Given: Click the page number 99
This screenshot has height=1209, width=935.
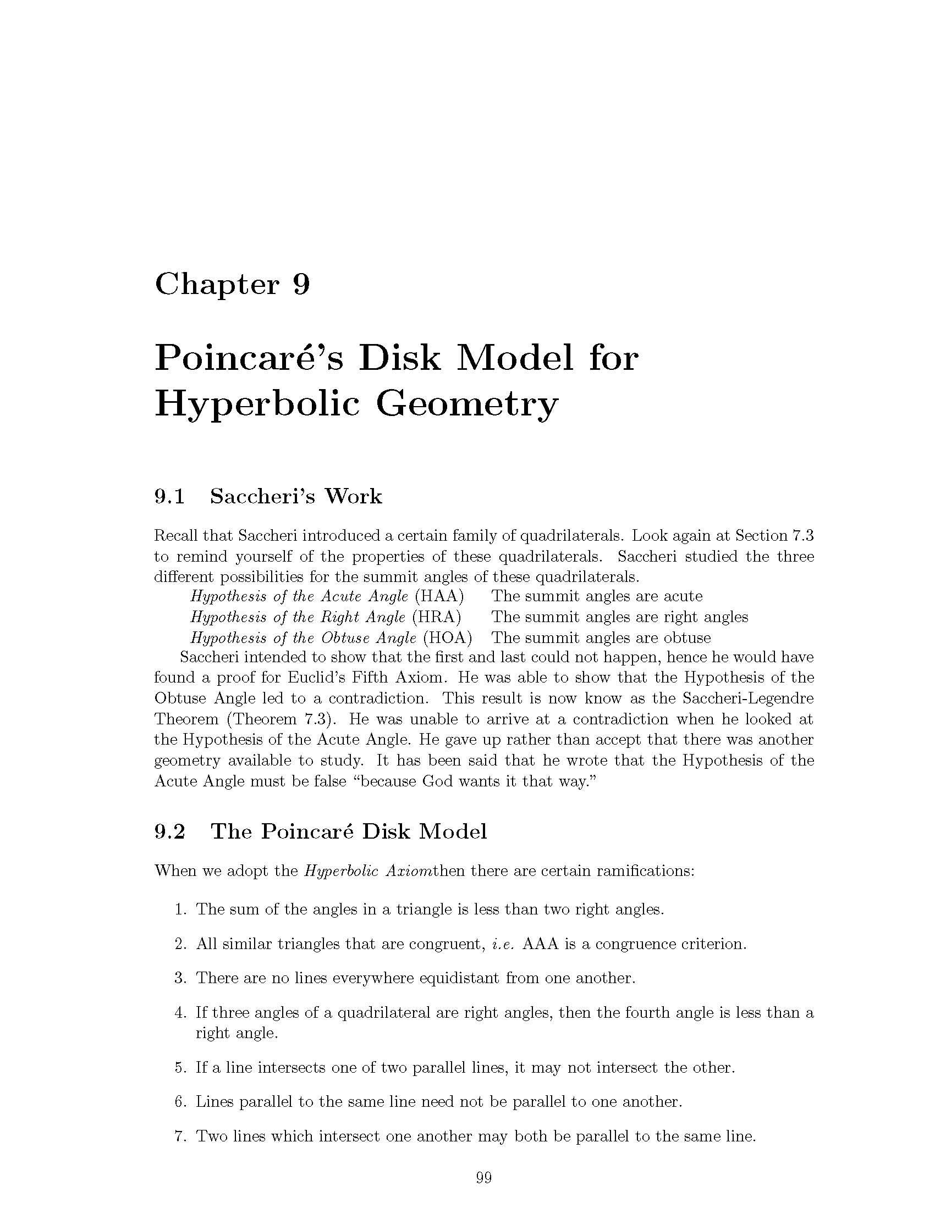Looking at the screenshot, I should [483, 1178].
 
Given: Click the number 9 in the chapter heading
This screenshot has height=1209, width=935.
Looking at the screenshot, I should [301, 285].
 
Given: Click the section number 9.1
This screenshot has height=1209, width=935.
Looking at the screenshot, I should [169, 497].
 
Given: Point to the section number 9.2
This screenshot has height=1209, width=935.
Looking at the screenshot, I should [169, 831].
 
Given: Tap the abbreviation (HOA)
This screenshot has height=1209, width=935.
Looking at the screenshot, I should [448, 637].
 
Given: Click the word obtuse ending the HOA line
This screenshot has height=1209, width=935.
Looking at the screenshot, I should [687, 637].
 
